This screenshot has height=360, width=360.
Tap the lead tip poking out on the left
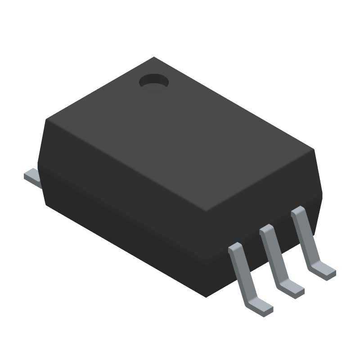[x=31, y=175]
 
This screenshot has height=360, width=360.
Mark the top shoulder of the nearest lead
[x=235, y=247]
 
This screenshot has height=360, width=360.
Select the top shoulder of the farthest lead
[x=297, y=211]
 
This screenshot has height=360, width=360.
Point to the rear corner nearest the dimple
[x=154, y=57]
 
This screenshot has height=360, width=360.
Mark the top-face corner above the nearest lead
[x=206, y=213]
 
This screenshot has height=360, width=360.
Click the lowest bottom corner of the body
[x=206, y=297]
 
